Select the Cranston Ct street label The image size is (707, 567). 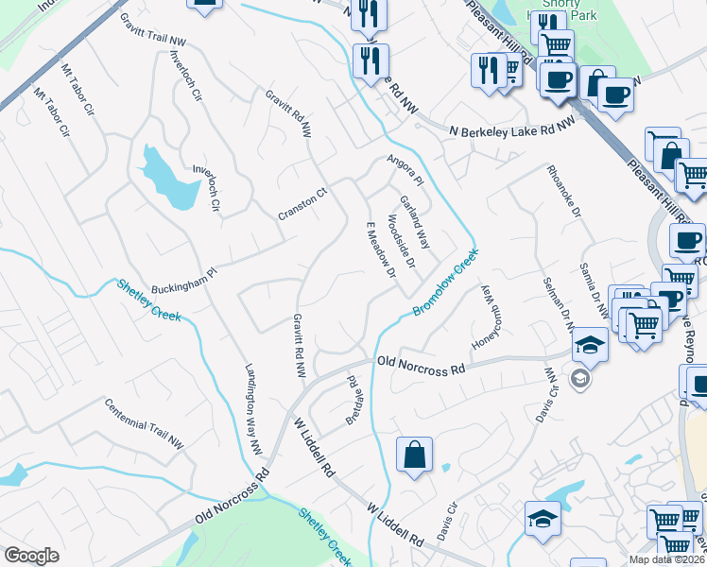click(x=302, y=204)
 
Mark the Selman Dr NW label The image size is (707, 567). click(x=557, y=287)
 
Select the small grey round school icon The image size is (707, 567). click(x=579, y=379)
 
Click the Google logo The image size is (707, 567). click(x=31, y=556)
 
